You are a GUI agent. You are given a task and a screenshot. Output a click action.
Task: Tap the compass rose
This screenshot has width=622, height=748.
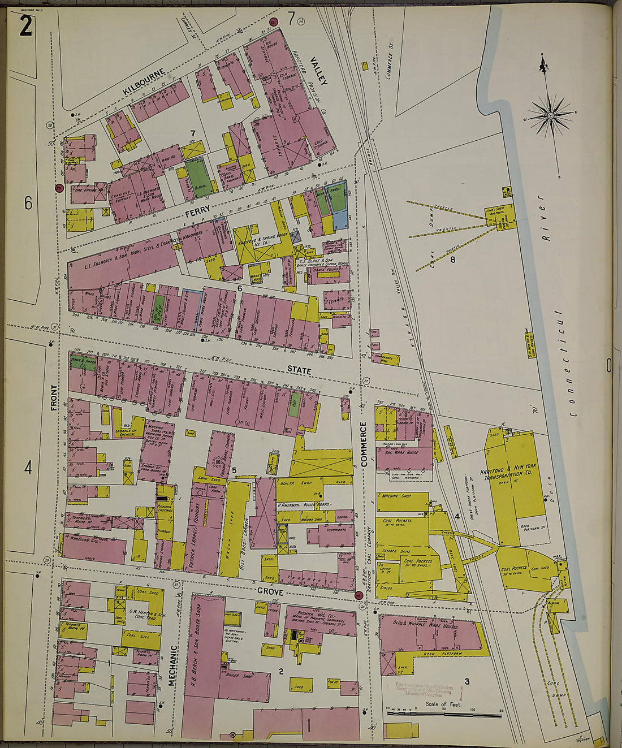pos(550,116)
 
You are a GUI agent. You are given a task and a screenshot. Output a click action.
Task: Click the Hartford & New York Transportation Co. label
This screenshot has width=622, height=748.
pos(508,473)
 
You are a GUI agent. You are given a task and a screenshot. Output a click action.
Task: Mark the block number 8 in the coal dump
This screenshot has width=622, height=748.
pos(452,260)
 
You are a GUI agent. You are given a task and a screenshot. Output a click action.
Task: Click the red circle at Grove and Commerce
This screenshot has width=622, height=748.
pos(358,595)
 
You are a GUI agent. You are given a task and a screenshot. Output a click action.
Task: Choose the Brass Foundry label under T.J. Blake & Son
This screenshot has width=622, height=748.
pos(328,270)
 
